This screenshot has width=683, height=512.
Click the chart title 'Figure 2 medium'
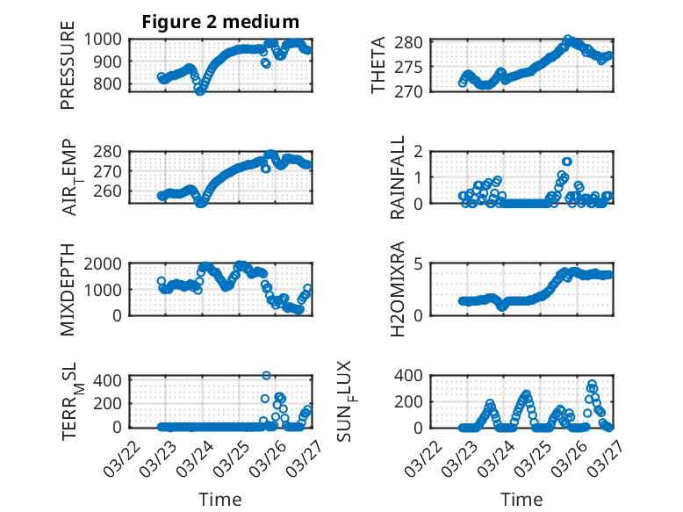[x=220, y=22]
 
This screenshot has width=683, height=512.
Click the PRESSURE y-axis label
[x=68, y=70]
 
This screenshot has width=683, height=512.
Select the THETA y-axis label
[x=378, y=66]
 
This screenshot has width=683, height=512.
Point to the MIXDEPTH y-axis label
[x=68, y=290]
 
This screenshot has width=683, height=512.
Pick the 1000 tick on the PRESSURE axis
[x=108, y=39]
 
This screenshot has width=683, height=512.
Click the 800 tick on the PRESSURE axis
[x=111, y=84]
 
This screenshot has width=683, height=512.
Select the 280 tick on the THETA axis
[x=414, y=42]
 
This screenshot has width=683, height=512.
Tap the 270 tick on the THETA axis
[x=414, y=91]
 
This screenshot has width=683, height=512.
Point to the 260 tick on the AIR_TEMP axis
[x=111, y=191]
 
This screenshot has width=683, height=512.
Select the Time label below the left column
[x=220, y=499]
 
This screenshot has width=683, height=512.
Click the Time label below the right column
[x=521, y=499]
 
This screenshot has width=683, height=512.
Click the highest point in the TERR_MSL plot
[x=267, y=375]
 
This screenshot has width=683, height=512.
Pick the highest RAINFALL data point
[x=567, y=162]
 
